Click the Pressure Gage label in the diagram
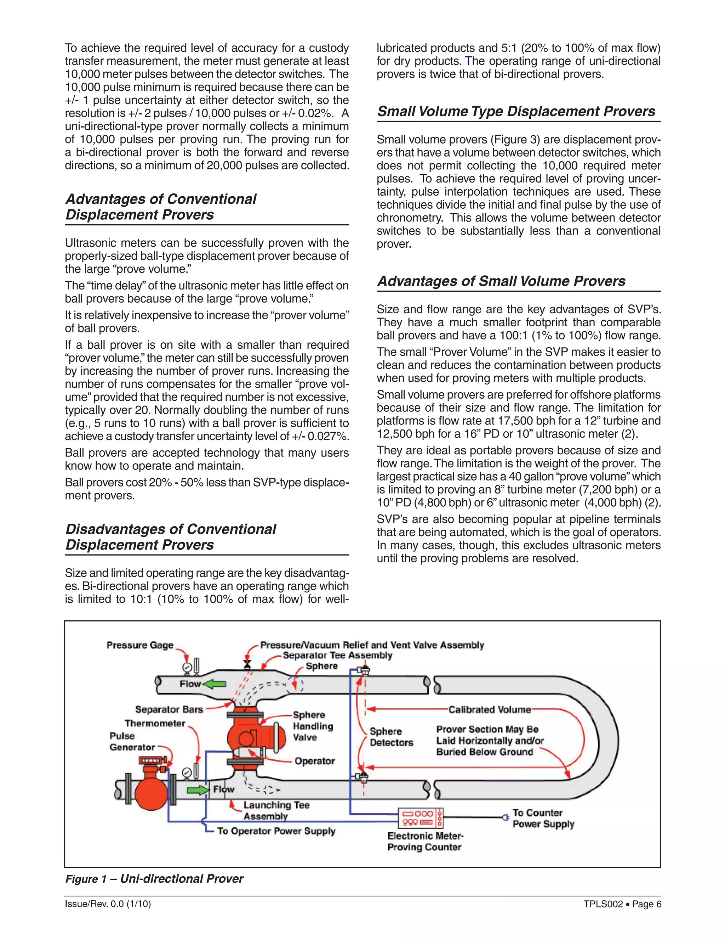pos(140,645)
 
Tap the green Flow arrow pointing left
pos(214,684)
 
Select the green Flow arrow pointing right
pos(198,790)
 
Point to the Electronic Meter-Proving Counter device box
pos(421,818)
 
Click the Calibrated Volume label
pos(489,709)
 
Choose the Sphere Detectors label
pos(391,737)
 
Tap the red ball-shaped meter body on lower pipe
pos(151,794)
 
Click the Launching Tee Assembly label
pos(276,810)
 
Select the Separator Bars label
pos(169,709)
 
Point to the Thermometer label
pos(155,723)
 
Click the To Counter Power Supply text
pos(543,818)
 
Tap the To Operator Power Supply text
pos(276,831)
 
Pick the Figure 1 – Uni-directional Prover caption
pos(154,878)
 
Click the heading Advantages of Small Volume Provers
pos(501,281)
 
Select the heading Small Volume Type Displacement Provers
pos(516,111)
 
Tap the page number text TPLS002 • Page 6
pos(622,904)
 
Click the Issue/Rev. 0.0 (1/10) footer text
pos(108,904)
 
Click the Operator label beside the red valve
pos(314,761)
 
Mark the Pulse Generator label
pos(131,741)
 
